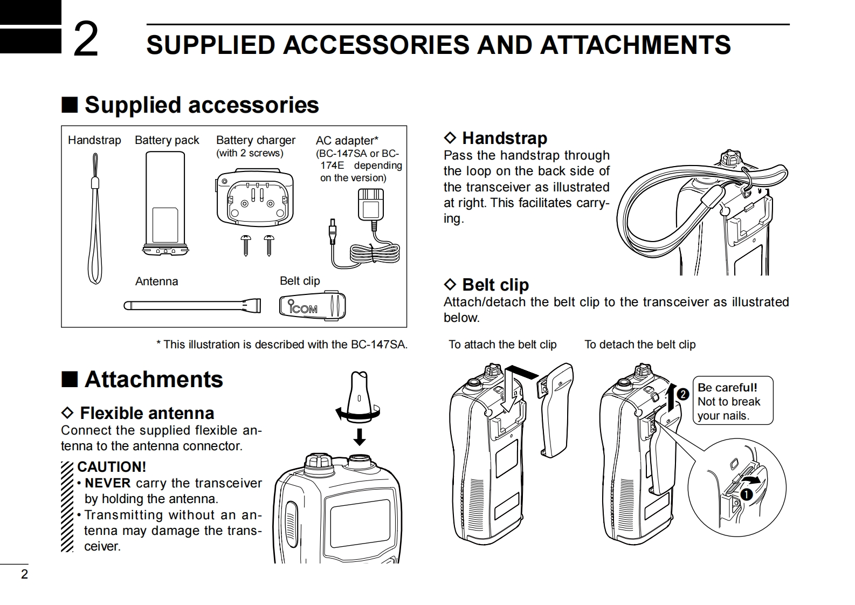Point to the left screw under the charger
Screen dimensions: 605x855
pyautogui.click(x=247, y=244)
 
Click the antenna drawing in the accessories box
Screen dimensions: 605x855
pyautogui.click(x=192, y=306)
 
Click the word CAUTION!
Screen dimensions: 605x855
pyautogui.click(x=112, y=467)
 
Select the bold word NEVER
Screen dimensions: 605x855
pyautogui.click(x=108, y=483)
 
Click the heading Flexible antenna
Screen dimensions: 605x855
pyautogui.click(x=147, y=413)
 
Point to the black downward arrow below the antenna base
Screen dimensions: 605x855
pyautogui.click(x=360, y=436)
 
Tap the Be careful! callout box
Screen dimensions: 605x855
pyautogui.click(x=732, y=401)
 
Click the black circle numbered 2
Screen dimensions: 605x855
pyautogui.click(x=682, y=394)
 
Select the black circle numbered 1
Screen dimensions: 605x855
pyautogui.click(x=747, y=494)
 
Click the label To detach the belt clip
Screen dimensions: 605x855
pyautogui.click(x=640, y=345)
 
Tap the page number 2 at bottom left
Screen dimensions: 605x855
pyautogui.click(x=24, y=574)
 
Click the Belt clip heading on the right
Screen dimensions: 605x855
pyautogui.click(x=495, y=285)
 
